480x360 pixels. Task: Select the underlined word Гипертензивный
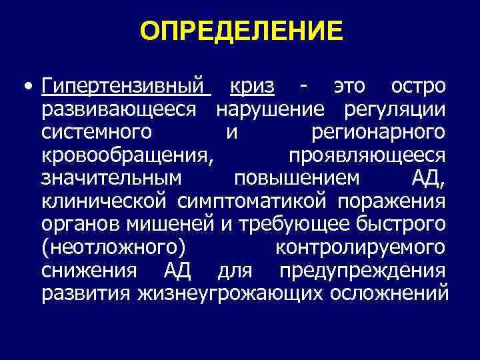(x=126, y=87)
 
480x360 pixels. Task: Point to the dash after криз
(x=304, y=87)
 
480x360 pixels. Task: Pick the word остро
(x=418, y=87)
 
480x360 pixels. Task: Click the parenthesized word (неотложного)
(x=114, y=248)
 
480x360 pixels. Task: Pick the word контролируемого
(x=361, y=248)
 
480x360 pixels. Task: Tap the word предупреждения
(x=363, y=271)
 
